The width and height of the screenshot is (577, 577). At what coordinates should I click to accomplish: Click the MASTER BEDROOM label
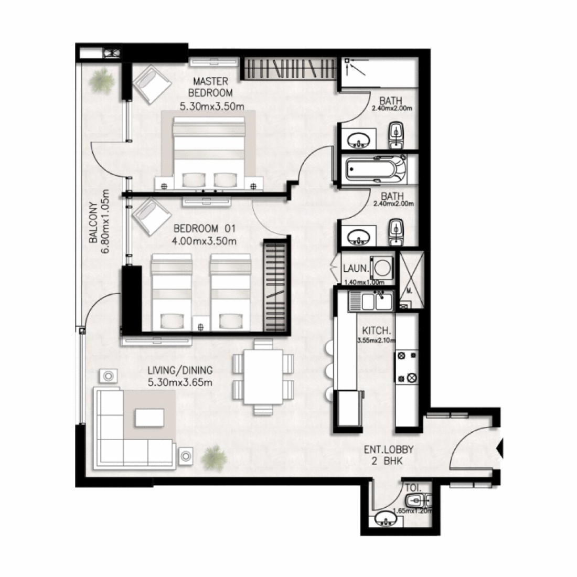click(x=210, y=87)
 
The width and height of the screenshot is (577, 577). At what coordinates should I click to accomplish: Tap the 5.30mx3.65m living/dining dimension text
click(x=180, y=382)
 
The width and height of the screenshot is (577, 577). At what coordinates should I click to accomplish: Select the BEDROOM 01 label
click(x=204, y=229)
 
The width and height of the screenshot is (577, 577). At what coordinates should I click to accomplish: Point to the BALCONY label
click(x=93, y=222)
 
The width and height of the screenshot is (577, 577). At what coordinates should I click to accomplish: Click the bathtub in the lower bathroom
click(x=376, y=169)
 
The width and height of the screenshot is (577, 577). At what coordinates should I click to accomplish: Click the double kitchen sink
click(x=371, y=301)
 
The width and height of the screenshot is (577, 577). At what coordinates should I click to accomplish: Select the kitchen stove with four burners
click(x=407, y=367)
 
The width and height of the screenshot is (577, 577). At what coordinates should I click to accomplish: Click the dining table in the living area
click(x=263, y=377)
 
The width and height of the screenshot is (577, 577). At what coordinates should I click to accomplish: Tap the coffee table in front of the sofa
click(x=149, y=418)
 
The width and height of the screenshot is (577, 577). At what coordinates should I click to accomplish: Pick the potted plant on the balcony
click(x=101, y=81)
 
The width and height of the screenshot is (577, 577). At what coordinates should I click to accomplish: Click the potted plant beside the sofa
click(x=213, y=458)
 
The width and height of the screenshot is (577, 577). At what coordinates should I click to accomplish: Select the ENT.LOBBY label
click(x=389, y=450)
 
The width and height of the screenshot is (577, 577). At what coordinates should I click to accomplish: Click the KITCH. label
click(x=377, y=330)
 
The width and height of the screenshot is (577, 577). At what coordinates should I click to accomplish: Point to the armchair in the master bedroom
click(x=152, y=84)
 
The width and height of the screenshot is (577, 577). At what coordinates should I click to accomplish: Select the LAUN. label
click(x=356, y=269)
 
